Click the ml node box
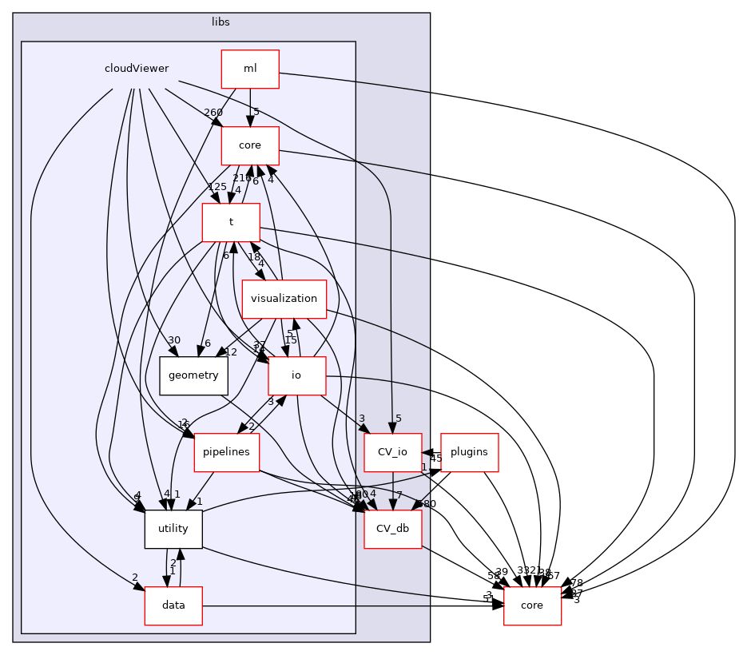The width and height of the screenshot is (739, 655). tap(250, 69)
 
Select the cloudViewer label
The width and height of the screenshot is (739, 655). tap(137, 69)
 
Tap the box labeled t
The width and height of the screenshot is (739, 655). tap(231, 223)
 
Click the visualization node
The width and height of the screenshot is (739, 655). tap(286, 300)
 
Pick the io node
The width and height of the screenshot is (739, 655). tap(297, 376)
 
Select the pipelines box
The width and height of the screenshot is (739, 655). tap(226, 452)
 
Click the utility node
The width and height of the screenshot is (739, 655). tap(173, 529)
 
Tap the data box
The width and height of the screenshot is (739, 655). tap(173, 605)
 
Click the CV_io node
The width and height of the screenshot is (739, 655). tap(392, 452)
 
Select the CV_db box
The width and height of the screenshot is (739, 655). tap(392, 529)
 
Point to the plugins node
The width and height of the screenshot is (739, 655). tap(470, 452)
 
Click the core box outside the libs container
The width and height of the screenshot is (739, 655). tap(531, 605)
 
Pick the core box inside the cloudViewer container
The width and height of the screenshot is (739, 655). tap(250, 146)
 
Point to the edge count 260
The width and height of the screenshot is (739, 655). tap(213, 113)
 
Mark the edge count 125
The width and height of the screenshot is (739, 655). tap(195, 187)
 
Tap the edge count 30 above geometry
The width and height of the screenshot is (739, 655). tap(174, 340)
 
